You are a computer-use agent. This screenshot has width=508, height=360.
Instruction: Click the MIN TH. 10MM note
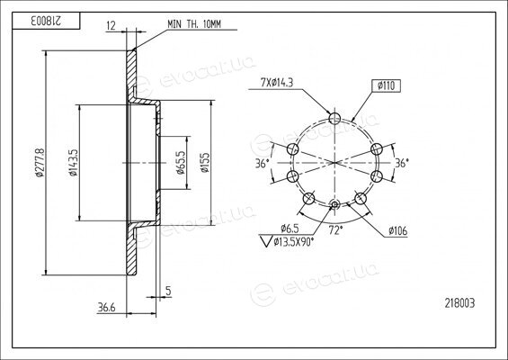coord(194,24)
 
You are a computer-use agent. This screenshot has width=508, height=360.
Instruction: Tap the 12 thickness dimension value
coord(111,25)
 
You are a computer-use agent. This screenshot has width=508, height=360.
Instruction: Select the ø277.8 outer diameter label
coord(40,163)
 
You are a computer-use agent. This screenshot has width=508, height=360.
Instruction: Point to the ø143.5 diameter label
coord(73,163)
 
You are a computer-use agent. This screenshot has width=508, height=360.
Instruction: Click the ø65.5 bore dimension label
coord(181,163)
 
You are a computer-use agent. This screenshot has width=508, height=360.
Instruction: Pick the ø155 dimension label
coord(205,163)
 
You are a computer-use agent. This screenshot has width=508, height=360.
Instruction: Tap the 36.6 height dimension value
coord(106,307)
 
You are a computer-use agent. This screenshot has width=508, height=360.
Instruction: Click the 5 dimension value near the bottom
coord(168,291)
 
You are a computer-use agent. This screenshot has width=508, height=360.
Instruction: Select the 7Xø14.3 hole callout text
coord(277,83)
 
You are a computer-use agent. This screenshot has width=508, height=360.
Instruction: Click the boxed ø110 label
coord(387,85)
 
